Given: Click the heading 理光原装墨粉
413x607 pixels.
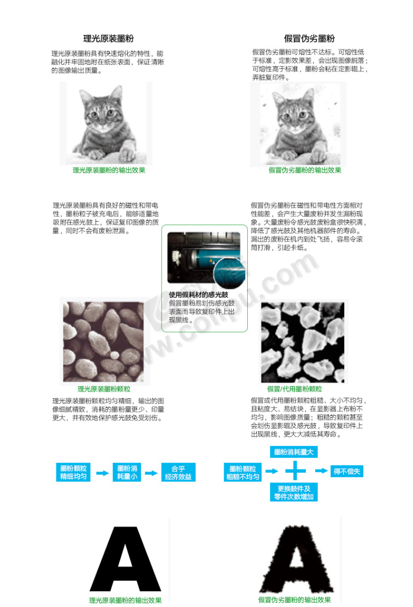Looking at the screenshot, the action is click(108, 38).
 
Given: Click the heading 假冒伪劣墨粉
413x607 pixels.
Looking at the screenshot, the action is click(309, 38).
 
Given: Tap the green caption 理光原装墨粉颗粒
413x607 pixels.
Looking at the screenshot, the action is click(104, 389).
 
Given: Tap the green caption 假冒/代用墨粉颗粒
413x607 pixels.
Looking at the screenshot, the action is click(294, 389).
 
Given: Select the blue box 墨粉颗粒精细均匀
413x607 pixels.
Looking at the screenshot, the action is click(73, 472).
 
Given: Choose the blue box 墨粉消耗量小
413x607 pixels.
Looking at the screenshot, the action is click(127, 472).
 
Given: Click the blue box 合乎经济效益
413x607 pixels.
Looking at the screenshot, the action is click(178, 472).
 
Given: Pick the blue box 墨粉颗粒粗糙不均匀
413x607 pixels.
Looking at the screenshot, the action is click(243, 472).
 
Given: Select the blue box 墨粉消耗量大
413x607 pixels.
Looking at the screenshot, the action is click(294, 452).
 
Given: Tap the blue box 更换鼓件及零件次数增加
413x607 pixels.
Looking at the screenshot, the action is click(294, 493).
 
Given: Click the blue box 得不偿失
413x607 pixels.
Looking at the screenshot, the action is click(347, 472).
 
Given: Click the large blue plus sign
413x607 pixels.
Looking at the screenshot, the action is click(295, 471).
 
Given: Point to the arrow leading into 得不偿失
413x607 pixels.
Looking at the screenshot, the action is click(322, 471).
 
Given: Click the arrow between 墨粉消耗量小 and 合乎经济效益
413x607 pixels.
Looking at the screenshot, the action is click(151, 473).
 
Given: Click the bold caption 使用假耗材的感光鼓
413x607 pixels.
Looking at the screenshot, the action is click(199, 294).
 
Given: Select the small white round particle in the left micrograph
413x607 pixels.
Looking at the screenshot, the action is click(114, 354).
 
